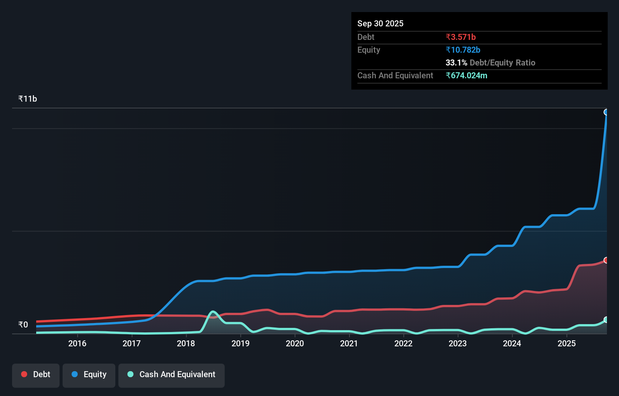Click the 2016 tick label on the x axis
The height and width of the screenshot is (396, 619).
[77, 343]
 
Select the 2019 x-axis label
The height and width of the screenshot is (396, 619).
[241, 343]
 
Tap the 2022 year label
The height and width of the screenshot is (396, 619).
[403, 343]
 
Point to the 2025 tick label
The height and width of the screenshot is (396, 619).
[567, 343]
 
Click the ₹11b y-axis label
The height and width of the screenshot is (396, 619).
[28, 99]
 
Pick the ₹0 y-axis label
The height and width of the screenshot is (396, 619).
[23, 325]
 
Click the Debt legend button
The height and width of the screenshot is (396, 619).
[36, 375]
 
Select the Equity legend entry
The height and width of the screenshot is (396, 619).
[89, 375]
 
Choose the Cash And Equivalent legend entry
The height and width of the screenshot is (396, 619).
[172, 375]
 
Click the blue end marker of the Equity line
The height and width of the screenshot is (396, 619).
[606, 112]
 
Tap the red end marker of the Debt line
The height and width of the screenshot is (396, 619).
[606, 260]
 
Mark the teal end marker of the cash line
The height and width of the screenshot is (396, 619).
[606, 320]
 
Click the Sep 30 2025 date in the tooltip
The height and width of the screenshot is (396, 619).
[380, 23]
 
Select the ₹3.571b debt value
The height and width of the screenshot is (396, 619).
[461, 37]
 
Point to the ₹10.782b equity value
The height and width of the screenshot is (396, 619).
[463, 50]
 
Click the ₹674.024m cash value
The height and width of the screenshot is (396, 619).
[466, 75]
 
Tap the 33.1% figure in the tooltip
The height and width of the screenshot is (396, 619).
[456, 62]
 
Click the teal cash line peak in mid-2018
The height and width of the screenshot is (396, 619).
[213, 311]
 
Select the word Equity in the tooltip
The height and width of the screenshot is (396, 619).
[369, 50]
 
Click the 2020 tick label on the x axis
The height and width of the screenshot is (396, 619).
[295, 343]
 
